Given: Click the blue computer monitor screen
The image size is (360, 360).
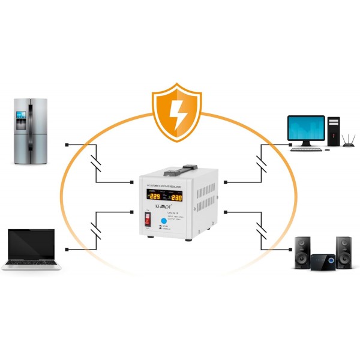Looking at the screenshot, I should [306, 128].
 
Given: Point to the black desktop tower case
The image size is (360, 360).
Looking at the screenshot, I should [333, 132].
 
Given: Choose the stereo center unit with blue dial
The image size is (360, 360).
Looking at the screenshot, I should [323, 262].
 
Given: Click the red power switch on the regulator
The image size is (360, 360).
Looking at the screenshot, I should [146, 220].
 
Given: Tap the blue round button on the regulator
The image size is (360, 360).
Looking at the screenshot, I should [163, 220].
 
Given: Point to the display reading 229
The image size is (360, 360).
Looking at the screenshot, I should [154, 196].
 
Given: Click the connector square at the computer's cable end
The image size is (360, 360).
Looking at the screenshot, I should [290, 144].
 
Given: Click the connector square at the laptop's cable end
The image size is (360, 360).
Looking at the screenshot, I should [67, 248].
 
